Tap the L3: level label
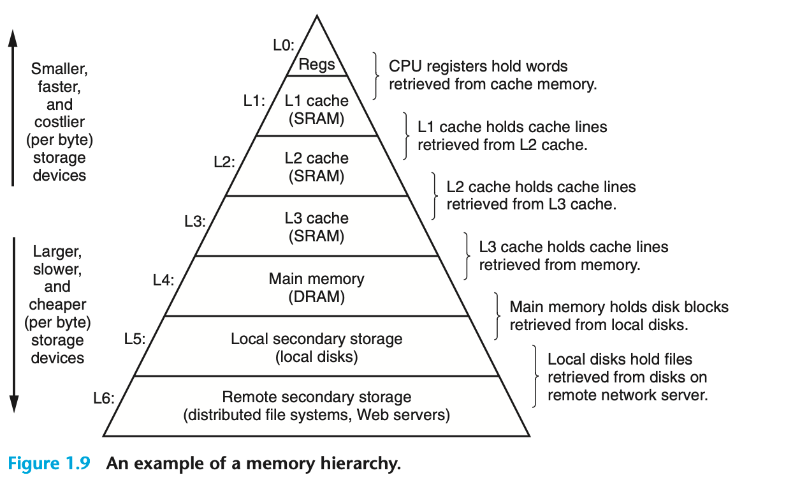(194, 222)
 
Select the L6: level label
(104, 399)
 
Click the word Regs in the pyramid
(317, 65)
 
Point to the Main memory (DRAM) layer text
(316, 287)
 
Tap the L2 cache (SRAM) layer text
(316, 167)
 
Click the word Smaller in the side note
(59, 68)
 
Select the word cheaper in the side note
(57, 305)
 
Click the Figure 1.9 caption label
(51, 463)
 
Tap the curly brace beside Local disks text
(535, 377)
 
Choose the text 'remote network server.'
(627, 395)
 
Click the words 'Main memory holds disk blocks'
(618, 306)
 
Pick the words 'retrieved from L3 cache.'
(530, 204)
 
